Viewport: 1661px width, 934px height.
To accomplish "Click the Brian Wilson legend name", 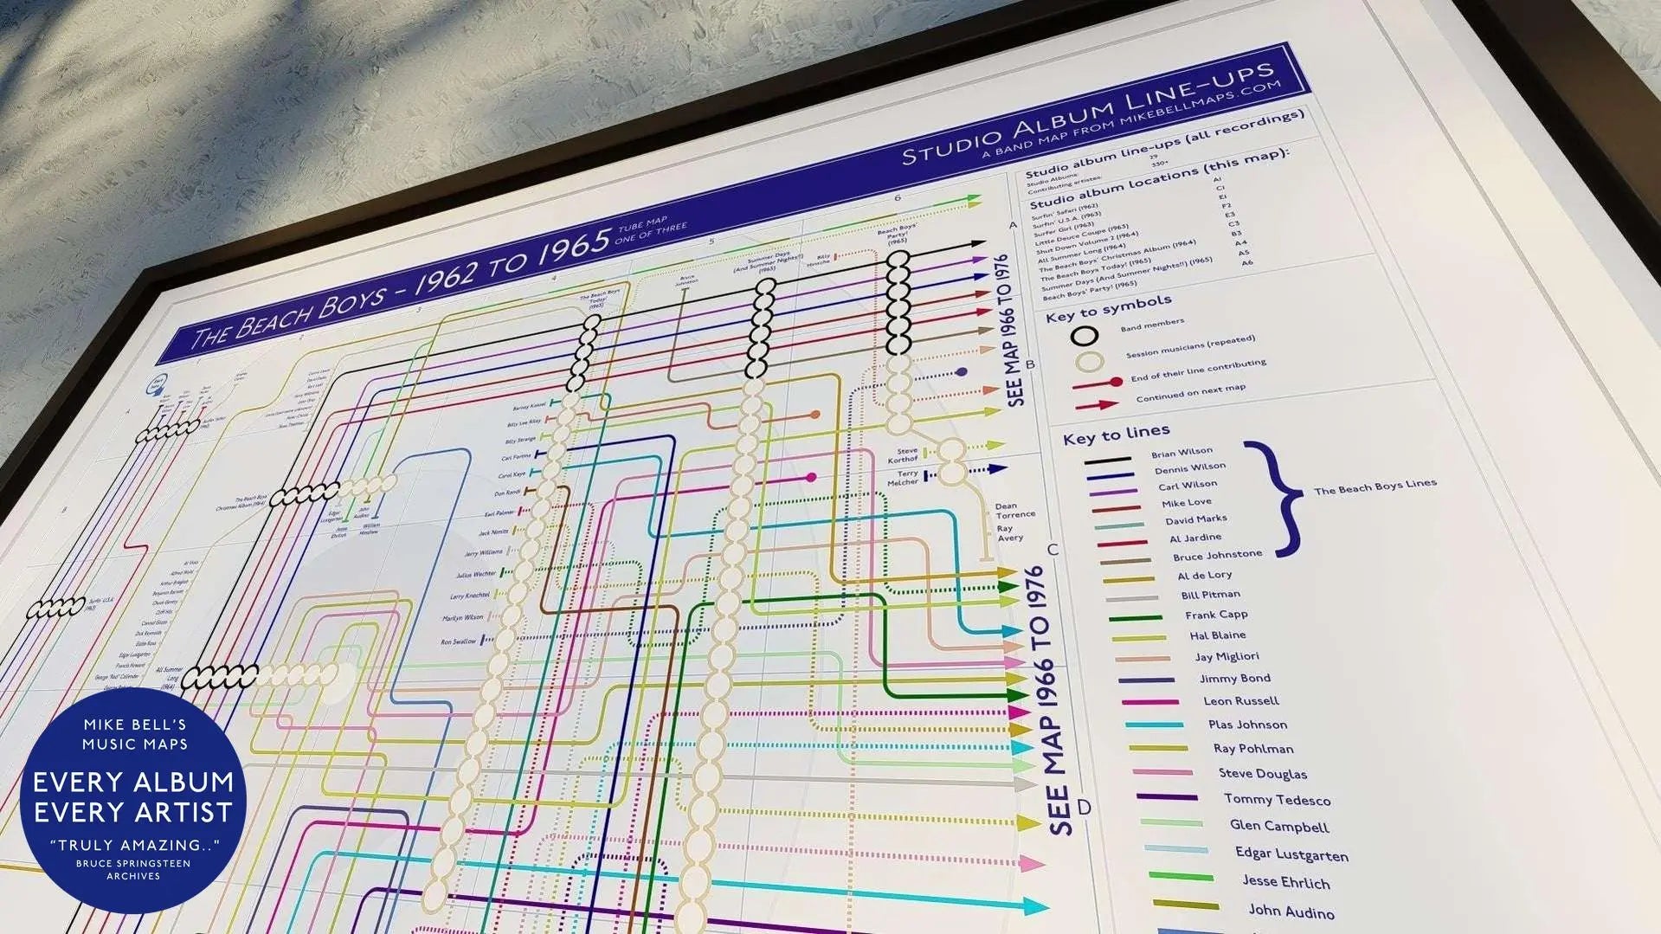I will pyautogui.click(x=1181, y=452).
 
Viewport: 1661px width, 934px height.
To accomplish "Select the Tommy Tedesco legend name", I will pyautogui.click(x=1277, y=800).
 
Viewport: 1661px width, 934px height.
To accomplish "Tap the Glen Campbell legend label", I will pyautogui.click(x=1278, y=826).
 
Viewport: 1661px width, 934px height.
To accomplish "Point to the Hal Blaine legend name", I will pyautogui.click(x=1217, y=635).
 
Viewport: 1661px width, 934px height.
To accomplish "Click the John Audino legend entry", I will pyautogui.click(x=1291, y=911).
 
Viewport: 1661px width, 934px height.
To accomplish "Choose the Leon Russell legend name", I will pyautogui.click(x=1240, y=701).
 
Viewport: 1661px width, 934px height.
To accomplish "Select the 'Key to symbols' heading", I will pyautogui.click(x=1108, y=308).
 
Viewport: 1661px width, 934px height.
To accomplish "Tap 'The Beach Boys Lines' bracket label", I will pyautogui.click(x=1375, y=486).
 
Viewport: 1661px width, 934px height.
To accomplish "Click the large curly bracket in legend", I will pyautogui.click(x=1281, y=497).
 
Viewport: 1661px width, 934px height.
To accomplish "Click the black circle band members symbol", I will pyautogui.click(x=1084, y=336).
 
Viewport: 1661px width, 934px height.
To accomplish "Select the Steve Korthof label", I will pyautogui.click(x=905, y=455).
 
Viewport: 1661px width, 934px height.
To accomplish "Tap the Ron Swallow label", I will pyautogui.click(x=458, y=641).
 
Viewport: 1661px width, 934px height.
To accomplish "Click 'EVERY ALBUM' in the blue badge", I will pyautogui.click(x=133, y=783).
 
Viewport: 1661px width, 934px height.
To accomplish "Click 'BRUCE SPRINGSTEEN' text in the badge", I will pyautogui.click(x=133, y=864).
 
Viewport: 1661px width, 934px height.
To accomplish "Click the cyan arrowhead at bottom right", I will pyautogui.click(x=1034, y=906).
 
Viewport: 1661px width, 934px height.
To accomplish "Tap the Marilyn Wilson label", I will pyautogui.click(x=462, y=618).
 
